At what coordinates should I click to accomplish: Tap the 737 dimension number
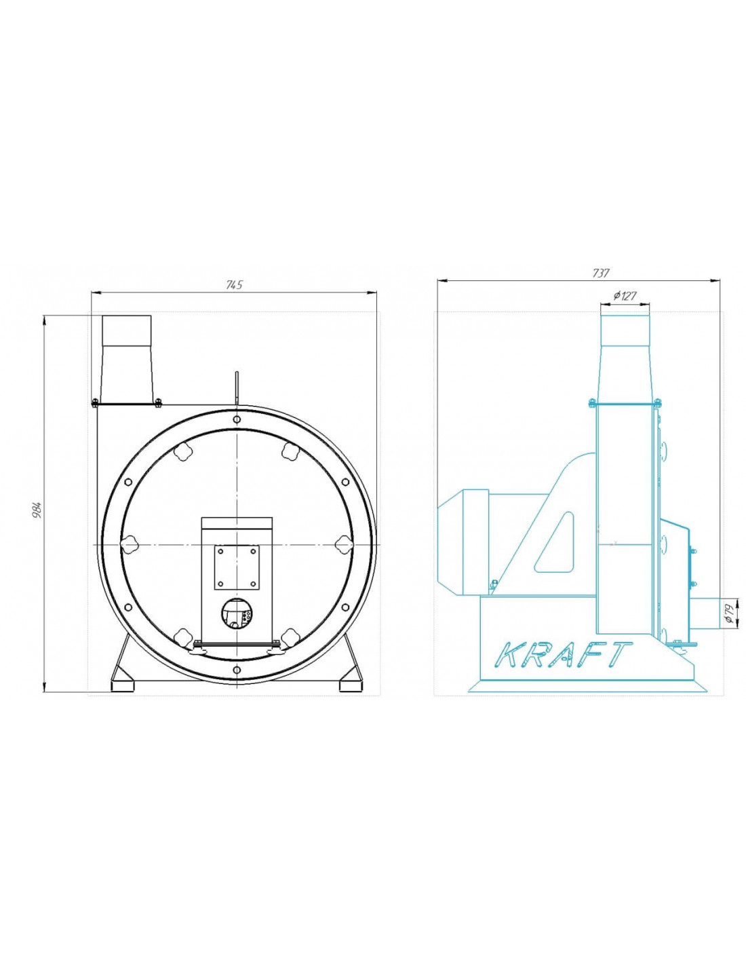tap(600, 273)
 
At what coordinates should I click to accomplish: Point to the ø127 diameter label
tap(625, 296)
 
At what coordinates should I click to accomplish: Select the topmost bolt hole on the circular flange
tap(237, 419)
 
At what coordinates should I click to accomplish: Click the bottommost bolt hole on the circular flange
tap(237, 670)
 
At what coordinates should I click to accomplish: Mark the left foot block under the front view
tap(122, 686)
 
